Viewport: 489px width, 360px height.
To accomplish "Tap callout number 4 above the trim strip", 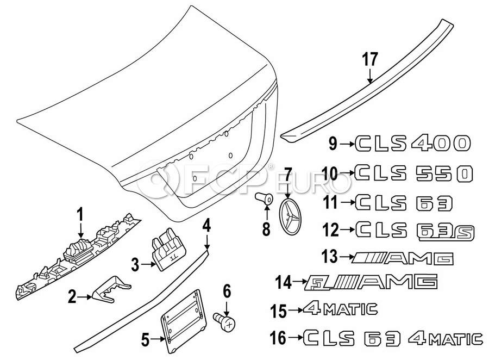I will click(x=206, y=225).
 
